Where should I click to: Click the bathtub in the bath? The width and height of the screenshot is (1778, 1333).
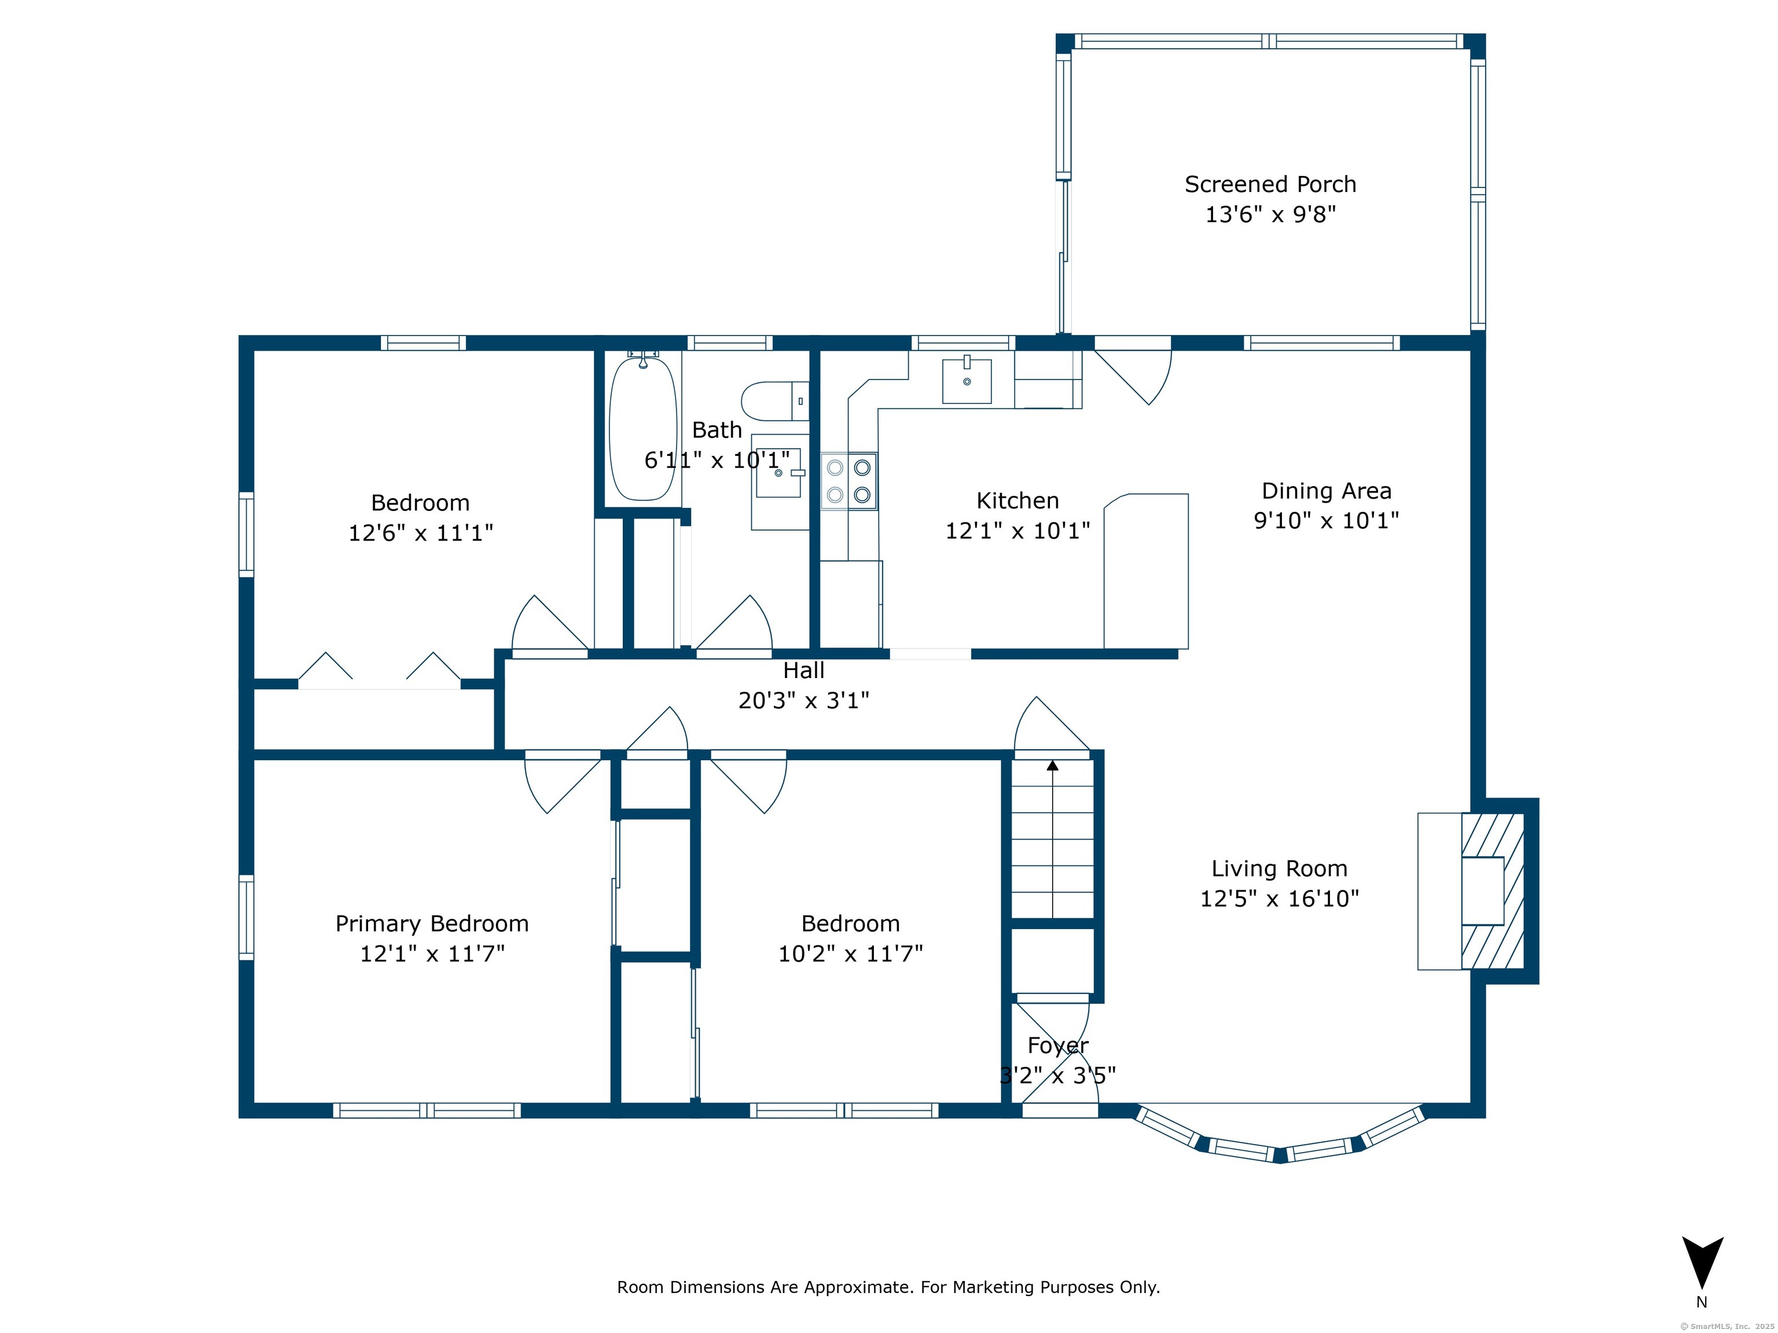pyautogui.click(x=642, y=428)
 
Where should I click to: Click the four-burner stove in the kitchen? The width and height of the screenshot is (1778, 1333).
pyautogui.click(x=849, y=480)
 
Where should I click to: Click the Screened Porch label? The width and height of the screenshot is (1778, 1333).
pyautogui.click(x=1270, y=184)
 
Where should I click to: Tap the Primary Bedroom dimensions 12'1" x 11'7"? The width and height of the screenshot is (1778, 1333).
pyautogui.click(x=432, y=953)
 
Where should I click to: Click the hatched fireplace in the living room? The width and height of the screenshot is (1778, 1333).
pyautogui.click(x=1493, y=891)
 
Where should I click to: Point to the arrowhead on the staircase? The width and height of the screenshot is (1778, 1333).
pyautogui.click(x=1052, y=765)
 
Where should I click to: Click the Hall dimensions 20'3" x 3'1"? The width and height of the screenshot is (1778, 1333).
pyautogui.click(x=804, y=701)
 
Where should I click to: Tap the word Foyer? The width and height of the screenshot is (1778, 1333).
pyautogui.click(x=1058, y=1045)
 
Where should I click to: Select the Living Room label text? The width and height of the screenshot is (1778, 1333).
pyautogui.click(x=1280, y=868)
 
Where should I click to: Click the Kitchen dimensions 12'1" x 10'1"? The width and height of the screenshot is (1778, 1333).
pyautogui.click(x=1017, y=531)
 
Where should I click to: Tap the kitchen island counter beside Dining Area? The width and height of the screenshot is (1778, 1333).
pyautogui.click(x=1146, y=571)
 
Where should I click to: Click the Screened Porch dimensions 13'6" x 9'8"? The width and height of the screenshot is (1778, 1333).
pyautogui.click(x=1270, y=213)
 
